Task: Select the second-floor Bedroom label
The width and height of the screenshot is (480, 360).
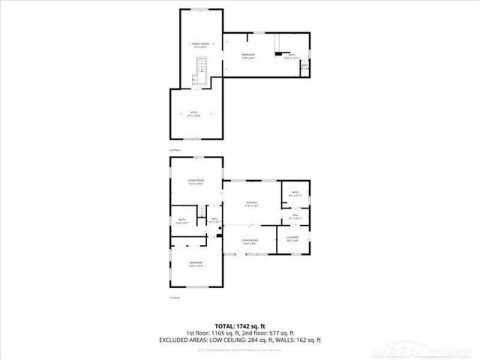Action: pos(248,56)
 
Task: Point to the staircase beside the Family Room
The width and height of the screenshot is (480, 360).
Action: pos(200,72)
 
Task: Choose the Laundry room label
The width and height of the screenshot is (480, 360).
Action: pos(292,239)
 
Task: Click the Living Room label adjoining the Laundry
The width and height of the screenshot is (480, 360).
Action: pos(249,241)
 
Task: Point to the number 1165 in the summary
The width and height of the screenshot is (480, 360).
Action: pos(223,332)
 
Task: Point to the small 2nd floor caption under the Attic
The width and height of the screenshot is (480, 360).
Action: pos(175,150)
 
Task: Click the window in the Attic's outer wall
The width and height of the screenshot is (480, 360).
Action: pos(193,139)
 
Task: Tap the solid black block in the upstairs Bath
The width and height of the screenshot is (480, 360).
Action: pos(280,54)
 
